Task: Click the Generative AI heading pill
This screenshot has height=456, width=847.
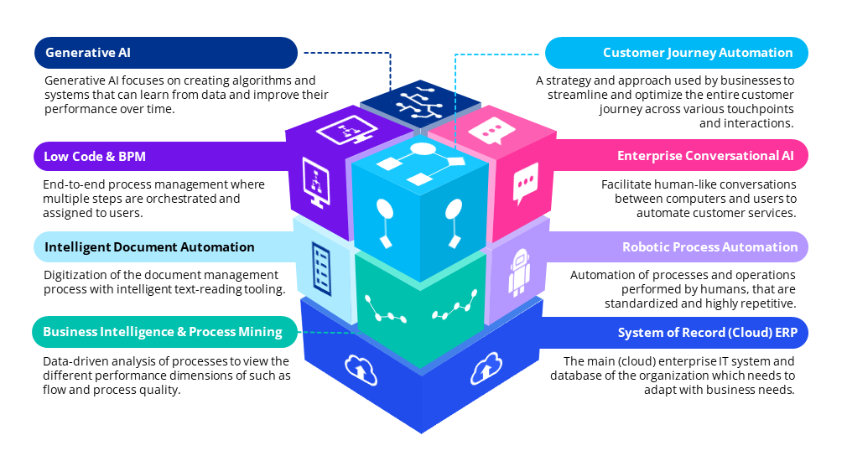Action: tap(165, 53)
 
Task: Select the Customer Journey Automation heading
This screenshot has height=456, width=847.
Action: tap(677, 53)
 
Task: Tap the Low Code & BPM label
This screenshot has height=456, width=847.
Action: tap(165, 155)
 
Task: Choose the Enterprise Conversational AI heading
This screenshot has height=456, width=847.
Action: tap(677, 155)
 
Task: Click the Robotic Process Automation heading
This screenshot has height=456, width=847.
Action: tap(677, 247)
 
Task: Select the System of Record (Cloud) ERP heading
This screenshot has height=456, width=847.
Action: tap(677, 333)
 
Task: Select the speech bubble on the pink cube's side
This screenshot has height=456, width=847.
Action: tap(525, 184)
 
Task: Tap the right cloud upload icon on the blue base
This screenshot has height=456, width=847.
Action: tap(485, 367)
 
